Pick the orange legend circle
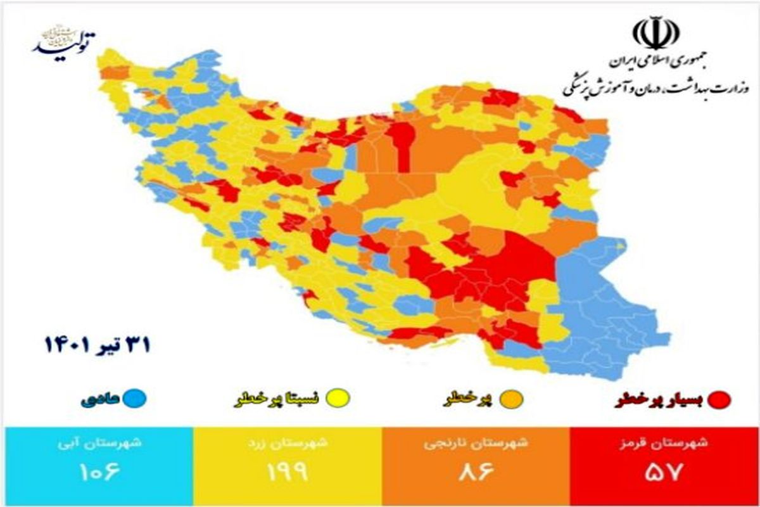pyautogui.click(x=512, y=399)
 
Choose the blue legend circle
pyautogui.click(x=135, y=399)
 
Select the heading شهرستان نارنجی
pyautogui.click(x=475, y=444)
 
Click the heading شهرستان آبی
pyautogui.click(x=98, y=444)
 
